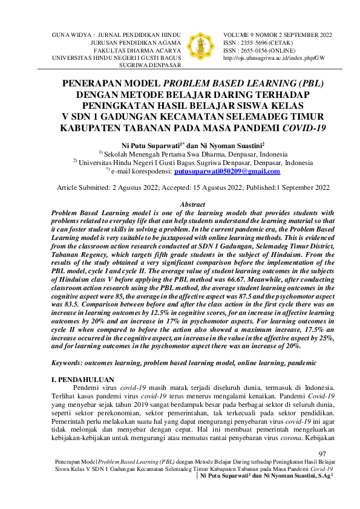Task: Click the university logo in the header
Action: pyautogui.click(x=201, y=45)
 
